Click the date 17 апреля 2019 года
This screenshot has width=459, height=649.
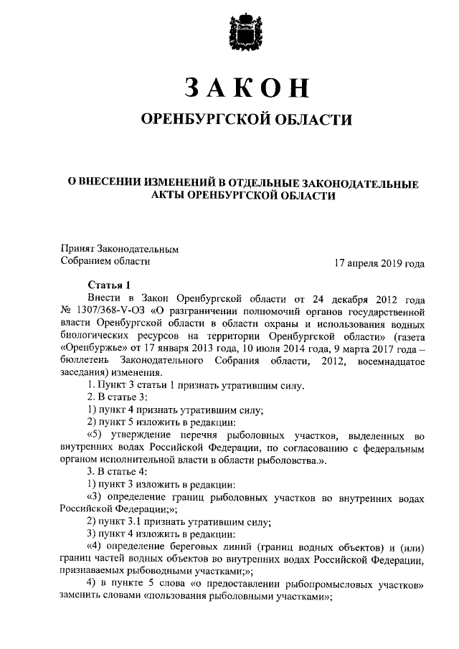379,262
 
